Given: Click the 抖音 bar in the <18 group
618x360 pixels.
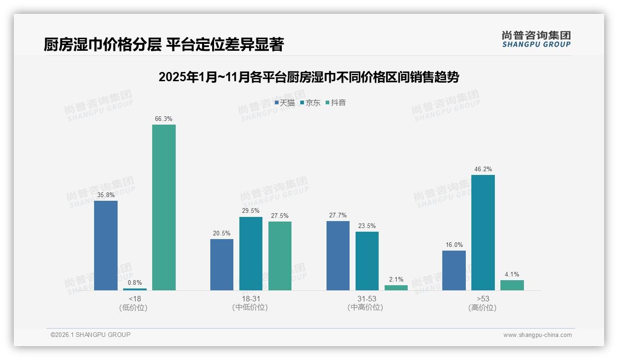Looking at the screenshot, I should tap(164, 207).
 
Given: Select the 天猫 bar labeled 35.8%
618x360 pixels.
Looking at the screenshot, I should tap(106, 245).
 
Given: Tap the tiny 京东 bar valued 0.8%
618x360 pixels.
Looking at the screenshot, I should tap(135, 289).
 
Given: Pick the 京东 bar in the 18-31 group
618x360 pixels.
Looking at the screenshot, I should tap(251, 253).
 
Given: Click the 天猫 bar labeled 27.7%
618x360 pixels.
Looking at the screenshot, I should tap(338, 256).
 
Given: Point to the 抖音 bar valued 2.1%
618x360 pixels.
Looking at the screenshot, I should tap(396, 288).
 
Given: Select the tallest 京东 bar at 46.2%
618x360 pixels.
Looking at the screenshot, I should tap(483, 233).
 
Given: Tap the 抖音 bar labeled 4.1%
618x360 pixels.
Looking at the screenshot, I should tap(512, 285).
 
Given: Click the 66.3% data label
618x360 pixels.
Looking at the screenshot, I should tap(164, 119).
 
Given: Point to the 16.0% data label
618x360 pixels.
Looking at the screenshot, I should tap(454, 245).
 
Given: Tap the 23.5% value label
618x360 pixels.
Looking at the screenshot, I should tap(367, 226).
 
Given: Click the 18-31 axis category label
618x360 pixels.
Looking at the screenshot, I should tap(250, 299).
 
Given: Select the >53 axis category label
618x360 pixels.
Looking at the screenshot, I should tap(483, 299).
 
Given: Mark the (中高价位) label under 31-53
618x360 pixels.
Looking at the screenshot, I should tap(366, 307).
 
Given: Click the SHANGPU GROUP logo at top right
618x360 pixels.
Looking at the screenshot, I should tap(536, 39).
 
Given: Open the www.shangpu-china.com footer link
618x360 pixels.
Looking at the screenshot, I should tap(537, 335).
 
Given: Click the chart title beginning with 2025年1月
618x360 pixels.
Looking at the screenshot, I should tap(309, 77).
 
